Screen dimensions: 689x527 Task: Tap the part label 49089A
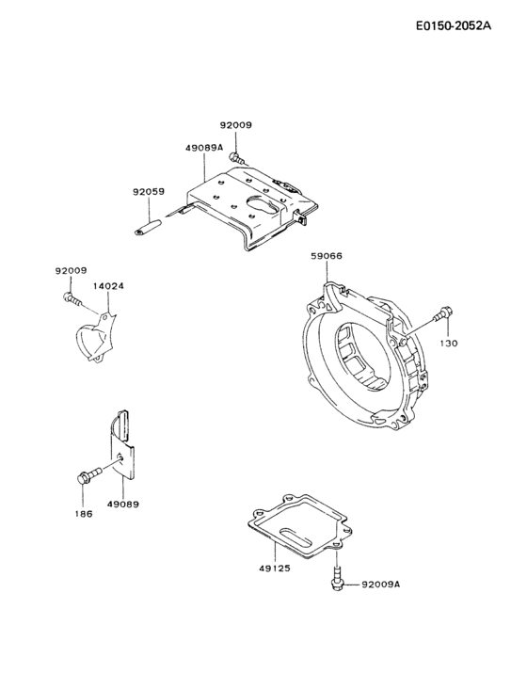204,148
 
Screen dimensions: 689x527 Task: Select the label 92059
149,191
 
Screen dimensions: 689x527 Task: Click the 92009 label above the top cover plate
236,125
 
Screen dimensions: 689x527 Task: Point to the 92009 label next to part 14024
70,270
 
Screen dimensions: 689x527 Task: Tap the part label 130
449,344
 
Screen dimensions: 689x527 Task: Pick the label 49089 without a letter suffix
123,505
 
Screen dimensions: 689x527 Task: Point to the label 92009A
381,584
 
